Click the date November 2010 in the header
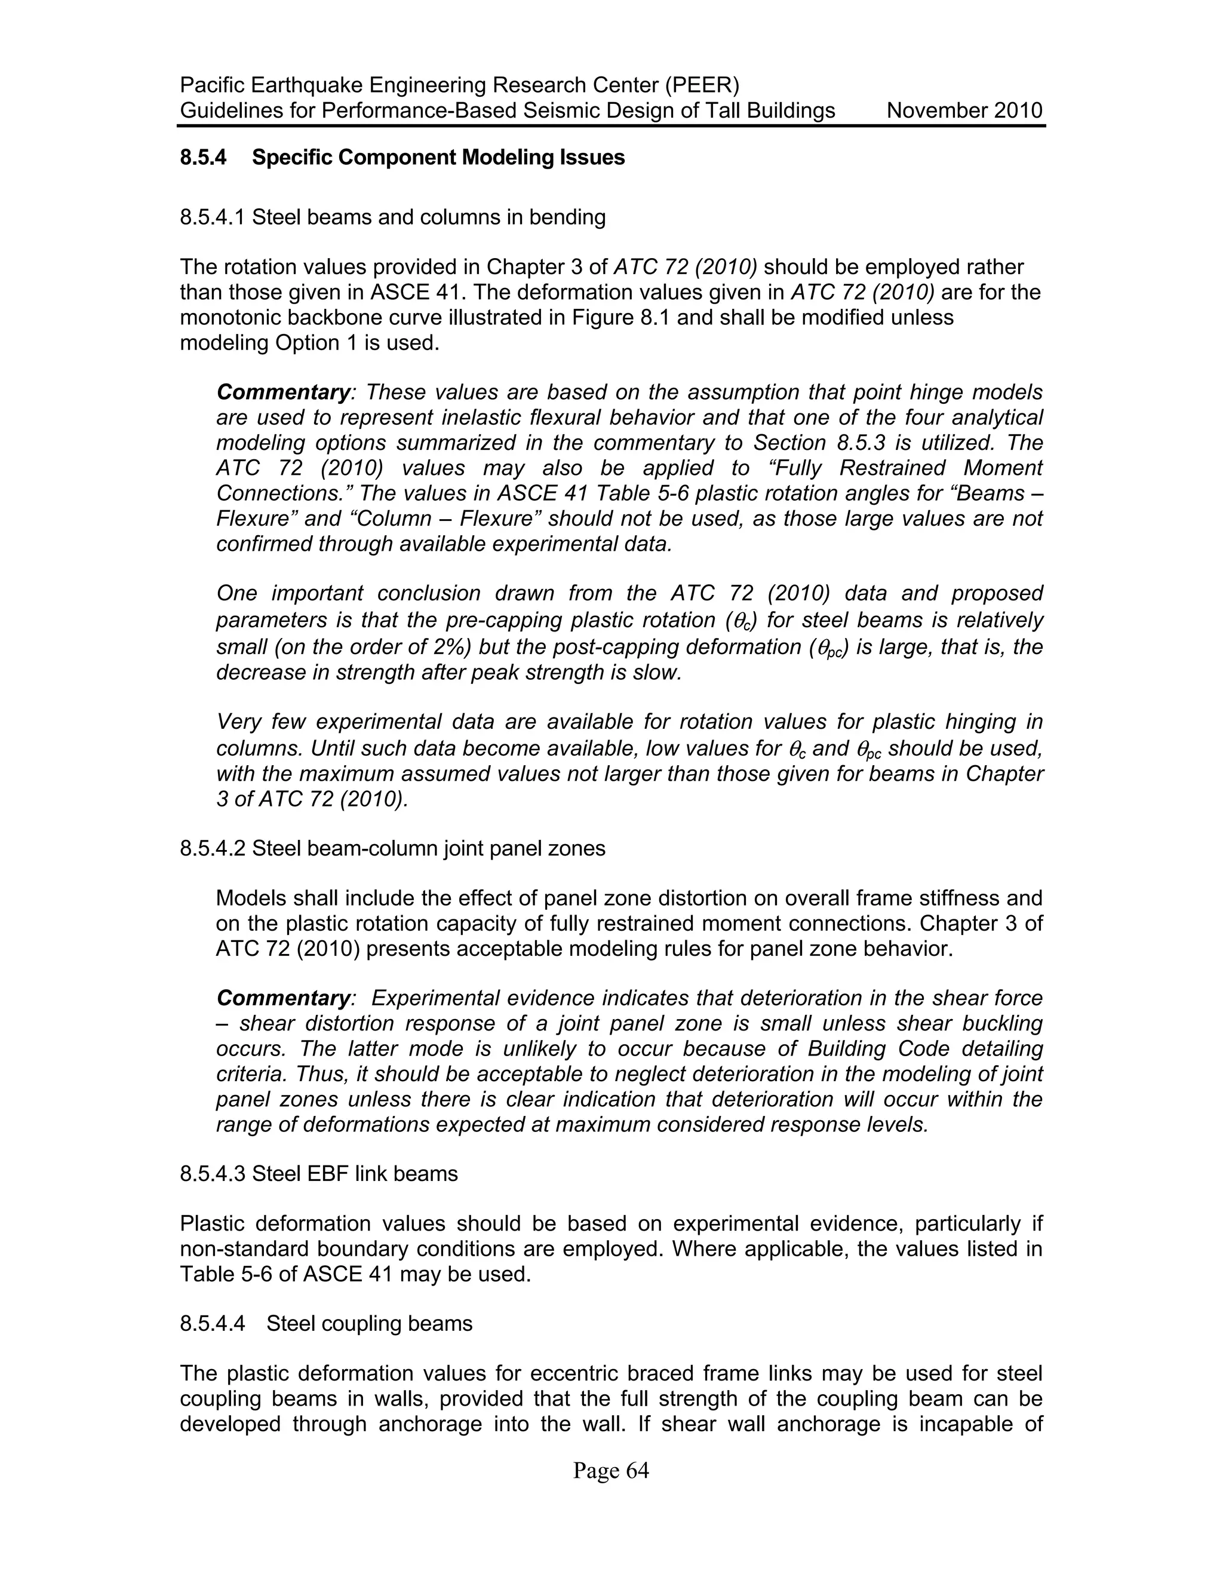pyautogui.click(x=964, y=111)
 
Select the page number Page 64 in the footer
pyautogui.click(x=611, y=1471)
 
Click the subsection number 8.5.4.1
pyautogui.click(x=212, y=217)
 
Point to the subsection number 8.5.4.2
pyautogui.click(x=212, y=848)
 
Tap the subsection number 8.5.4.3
pyautogui.click(x=212, y=1173)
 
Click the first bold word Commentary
pyautogui.click(x=283, y=392)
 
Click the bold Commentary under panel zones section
pyautogui.click(x=283, y=998)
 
